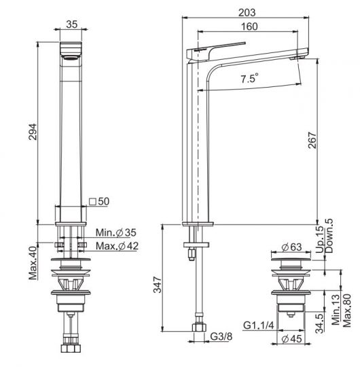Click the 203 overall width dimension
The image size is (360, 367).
click(247, 13)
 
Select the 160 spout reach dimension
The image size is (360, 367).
click(249, 27)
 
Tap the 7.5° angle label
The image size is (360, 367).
click(249, 78)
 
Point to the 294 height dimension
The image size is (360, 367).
click(33, 132)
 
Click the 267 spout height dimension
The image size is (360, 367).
click(312, 140)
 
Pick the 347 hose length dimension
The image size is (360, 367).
click(158, 285)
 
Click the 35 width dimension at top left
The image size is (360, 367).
click(71, 24)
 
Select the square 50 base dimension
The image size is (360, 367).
click(99, 201)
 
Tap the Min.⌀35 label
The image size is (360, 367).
click(115, 232)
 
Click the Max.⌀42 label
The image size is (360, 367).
click(117, 246)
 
